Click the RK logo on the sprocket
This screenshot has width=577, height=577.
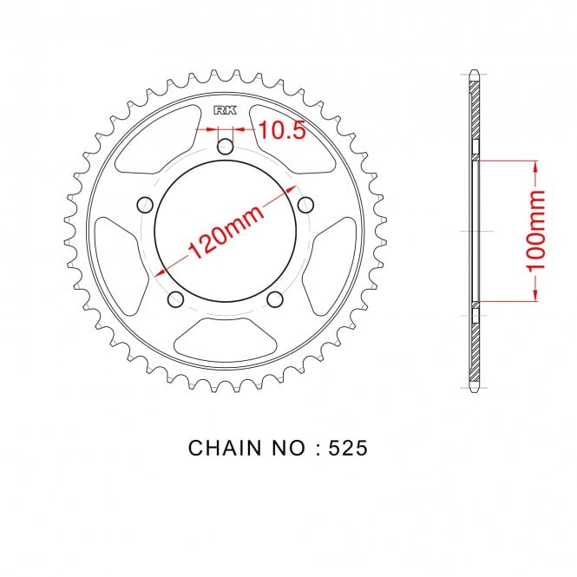click(226, 110)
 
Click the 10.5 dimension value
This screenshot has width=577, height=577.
click(282, 130)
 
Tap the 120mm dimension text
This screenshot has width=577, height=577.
click(226, 232)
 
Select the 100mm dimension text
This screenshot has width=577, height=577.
click(535, 231)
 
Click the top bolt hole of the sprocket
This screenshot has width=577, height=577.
click(226, 148)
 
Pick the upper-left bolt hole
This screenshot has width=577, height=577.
click(145, 205)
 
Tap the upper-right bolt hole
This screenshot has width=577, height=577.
click(305, 205)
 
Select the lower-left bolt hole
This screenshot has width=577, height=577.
click(175, 299)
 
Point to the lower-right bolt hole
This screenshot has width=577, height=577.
click(274, 299)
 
